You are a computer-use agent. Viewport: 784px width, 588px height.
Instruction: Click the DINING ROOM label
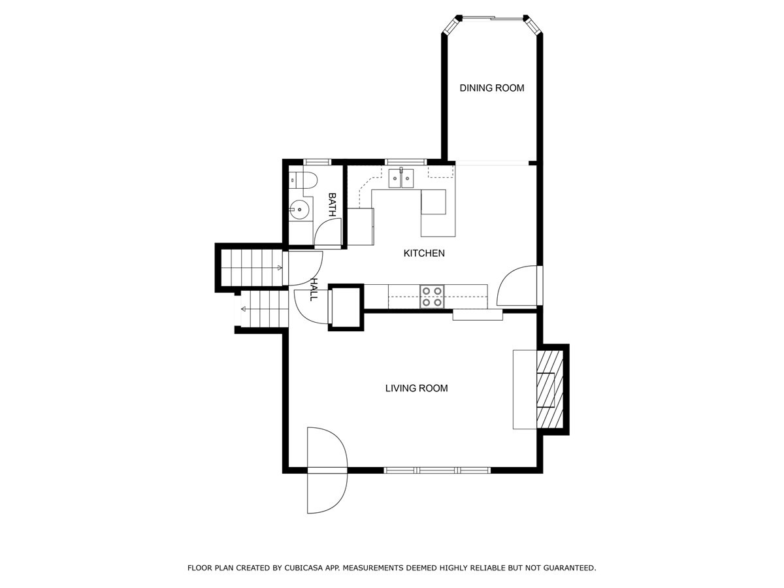click(x=491, y=88)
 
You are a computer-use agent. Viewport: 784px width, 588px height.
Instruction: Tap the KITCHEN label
click(x=424, y=253)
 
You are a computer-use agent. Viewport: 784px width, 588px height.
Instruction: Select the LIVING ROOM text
click(x=416, y=388)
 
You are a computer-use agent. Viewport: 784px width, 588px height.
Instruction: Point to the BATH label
click(x=332, y=204)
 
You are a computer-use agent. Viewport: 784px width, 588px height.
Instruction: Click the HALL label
click(x=314, y=289)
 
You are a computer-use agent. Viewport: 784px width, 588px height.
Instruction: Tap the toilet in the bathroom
click(x=303, y=180)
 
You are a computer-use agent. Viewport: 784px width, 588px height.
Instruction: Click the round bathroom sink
click(x=299, y=209)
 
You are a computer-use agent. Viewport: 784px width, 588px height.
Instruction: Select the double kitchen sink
click(x=401, y=178)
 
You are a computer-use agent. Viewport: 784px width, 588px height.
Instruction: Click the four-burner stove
click(x=433, y=297)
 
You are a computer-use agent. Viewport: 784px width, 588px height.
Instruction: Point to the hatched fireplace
click(x=549, y=389)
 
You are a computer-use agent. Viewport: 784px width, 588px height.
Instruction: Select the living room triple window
click(x=437, y=470)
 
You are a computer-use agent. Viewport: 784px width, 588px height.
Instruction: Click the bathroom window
click(x=317, y=162)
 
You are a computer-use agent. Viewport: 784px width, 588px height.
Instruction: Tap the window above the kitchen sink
click(x=406, y=162)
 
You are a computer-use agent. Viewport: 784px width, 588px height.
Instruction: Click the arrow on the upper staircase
click(x=280, y=268)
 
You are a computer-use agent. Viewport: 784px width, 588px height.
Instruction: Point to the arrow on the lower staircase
click(x=244, y=309)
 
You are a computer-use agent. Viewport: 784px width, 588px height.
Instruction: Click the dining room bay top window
click(x=493, y=17)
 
